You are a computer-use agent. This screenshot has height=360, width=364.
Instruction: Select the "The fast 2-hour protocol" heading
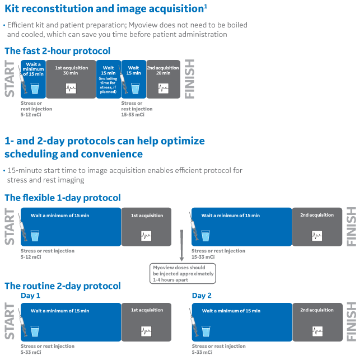57,51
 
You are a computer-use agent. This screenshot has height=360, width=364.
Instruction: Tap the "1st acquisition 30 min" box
71,79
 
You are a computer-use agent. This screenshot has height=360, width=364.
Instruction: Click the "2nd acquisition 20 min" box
163,79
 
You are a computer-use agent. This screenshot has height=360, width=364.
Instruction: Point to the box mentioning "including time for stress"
109,79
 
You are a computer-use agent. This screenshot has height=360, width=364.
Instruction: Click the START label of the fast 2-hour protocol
10,79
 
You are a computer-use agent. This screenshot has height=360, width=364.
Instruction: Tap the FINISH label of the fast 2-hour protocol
189,79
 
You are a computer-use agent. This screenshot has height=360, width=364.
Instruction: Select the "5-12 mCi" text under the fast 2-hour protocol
31,115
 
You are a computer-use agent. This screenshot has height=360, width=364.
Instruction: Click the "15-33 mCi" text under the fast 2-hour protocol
133,115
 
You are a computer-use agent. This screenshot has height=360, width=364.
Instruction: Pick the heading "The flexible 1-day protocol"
63,198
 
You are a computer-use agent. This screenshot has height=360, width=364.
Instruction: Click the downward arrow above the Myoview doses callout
182,245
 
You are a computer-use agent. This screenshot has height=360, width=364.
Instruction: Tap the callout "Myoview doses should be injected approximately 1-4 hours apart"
183,273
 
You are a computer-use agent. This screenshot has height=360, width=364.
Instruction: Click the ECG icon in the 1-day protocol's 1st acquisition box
146,236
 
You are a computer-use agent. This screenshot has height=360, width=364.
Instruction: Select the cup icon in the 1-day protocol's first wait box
35,236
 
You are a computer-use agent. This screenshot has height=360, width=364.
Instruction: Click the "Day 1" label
30,296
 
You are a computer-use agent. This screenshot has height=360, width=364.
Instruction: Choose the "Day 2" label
202,296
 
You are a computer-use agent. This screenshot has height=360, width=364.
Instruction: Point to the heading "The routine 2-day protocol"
63,286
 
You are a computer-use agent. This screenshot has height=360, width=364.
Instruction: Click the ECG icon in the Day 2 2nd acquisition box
318,331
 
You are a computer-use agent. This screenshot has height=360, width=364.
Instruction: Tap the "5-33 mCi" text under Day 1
31,352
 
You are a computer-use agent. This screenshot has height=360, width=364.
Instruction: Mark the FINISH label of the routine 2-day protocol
351,322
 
